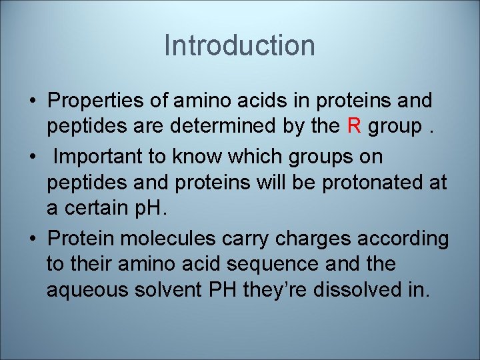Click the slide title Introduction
(239, 46)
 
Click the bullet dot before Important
(32, 157)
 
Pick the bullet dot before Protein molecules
(32, 238)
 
